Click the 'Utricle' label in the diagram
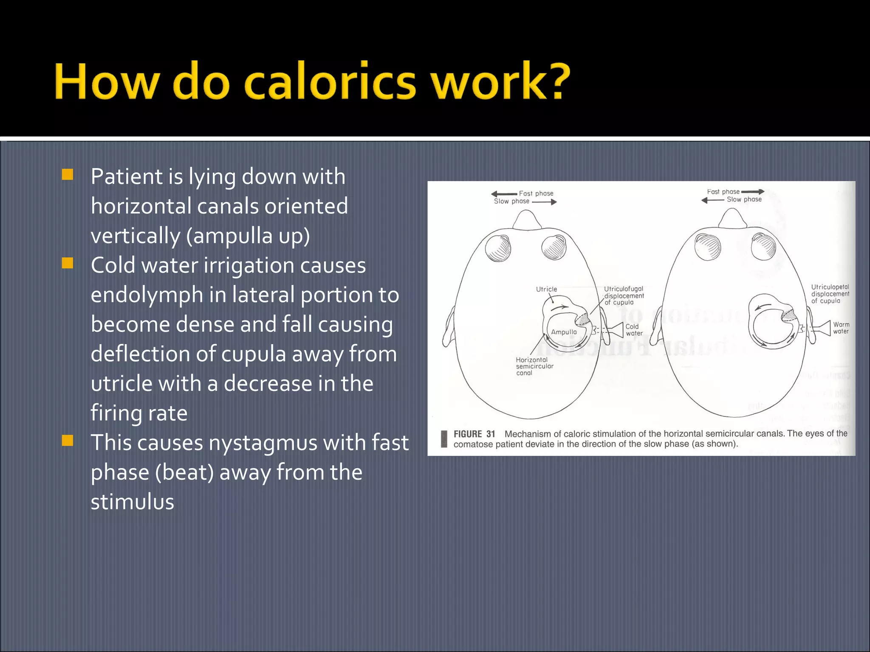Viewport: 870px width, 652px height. (x=546, y=289)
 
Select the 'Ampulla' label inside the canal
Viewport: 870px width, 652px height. (x=564, y=332)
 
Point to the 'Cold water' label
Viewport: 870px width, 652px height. (x=633, y=330)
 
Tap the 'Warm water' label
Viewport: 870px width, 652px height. (x=841, y=328)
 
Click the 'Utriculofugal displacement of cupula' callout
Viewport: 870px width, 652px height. (x=624, y=295)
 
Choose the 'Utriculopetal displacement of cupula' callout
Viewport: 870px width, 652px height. (x=830, y=294)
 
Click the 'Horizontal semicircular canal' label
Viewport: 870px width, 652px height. (x=534, y=366)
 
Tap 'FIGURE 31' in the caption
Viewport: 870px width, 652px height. (x=474, y=434)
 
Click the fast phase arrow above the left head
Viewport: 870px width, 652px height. (x=504, y=194)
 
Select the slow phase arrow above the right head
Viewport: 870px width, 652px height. (x=713, y=200)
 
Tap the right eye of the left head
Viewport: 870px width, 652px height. (x=554, y=247)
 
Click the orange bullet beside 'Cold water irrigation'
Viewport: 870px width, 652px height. (x=68, y=264)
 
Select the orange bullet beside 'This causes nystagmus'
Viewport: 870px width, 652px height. (x=68, y=441)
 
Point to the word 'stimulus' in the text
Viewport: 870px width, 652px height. (x=132, y=502)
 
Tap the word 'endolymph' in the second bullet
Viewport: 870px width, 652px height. (x=147, y=295)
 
